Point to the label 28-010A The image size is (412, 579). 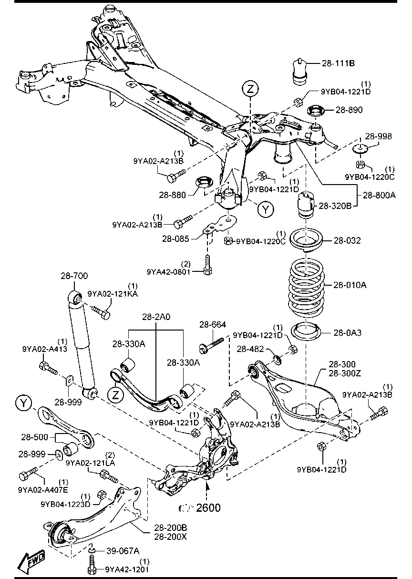(x=350, y=285)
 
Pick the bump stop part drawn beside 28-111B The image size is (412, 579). (x=300, y=72)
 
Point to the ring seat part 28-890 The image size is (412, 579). (x=314, y=110)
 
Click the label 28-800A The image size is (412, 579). (x=380, y=195)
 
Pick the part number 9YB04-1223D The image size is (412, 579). (x=65, y=504)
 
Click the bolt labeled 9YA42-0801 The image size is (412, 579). (x=206, y=265)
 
